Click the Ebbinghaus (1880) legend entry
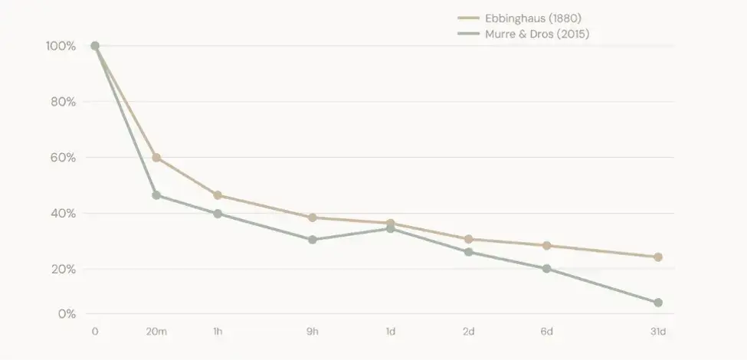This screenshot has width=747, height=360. pos(519,18)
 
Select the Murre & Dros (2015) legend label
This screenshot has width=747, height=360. pos(523,34)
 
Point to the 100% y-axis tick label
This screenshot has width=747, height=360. pos(61,46)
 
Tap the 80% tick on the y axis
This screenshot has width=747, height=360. pos(63,102)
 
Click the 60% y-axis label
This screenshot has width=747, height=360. pos(63,158)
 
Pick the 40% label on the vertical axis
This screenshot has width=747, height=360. pos(63,214)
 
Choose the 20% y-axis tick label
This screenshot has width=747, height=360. pos(63,269)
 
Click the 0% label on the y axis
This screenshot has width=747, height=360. pos(67,314)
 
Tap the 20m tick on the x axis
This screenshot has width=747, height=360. pos(156,332)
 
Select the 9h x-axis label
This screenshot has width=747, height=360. pos(313,332)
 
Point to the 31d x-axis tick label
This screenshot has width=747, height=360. pos(658,332)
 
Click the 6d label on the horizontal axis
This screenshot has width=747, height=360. pos(546,332)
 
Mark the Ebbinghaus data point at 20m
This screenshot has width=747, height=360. pos(156,158)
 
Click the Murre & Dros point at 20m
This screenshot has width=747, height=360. pos(156,195)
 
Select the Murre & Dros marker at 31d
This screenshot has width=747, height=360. pos(658,303)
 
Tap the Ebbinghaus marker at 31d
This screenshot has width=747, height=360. pos(658,257)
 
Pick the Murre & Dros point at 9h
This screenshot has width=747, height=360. pos(313,240)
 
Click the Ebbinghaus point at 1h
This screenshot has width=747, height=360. pos(218,195)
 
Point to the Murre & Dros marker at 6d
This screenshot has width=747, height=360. pos(546,269)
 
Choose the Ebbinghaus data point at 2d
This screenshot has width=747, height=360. pos(468,239)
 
